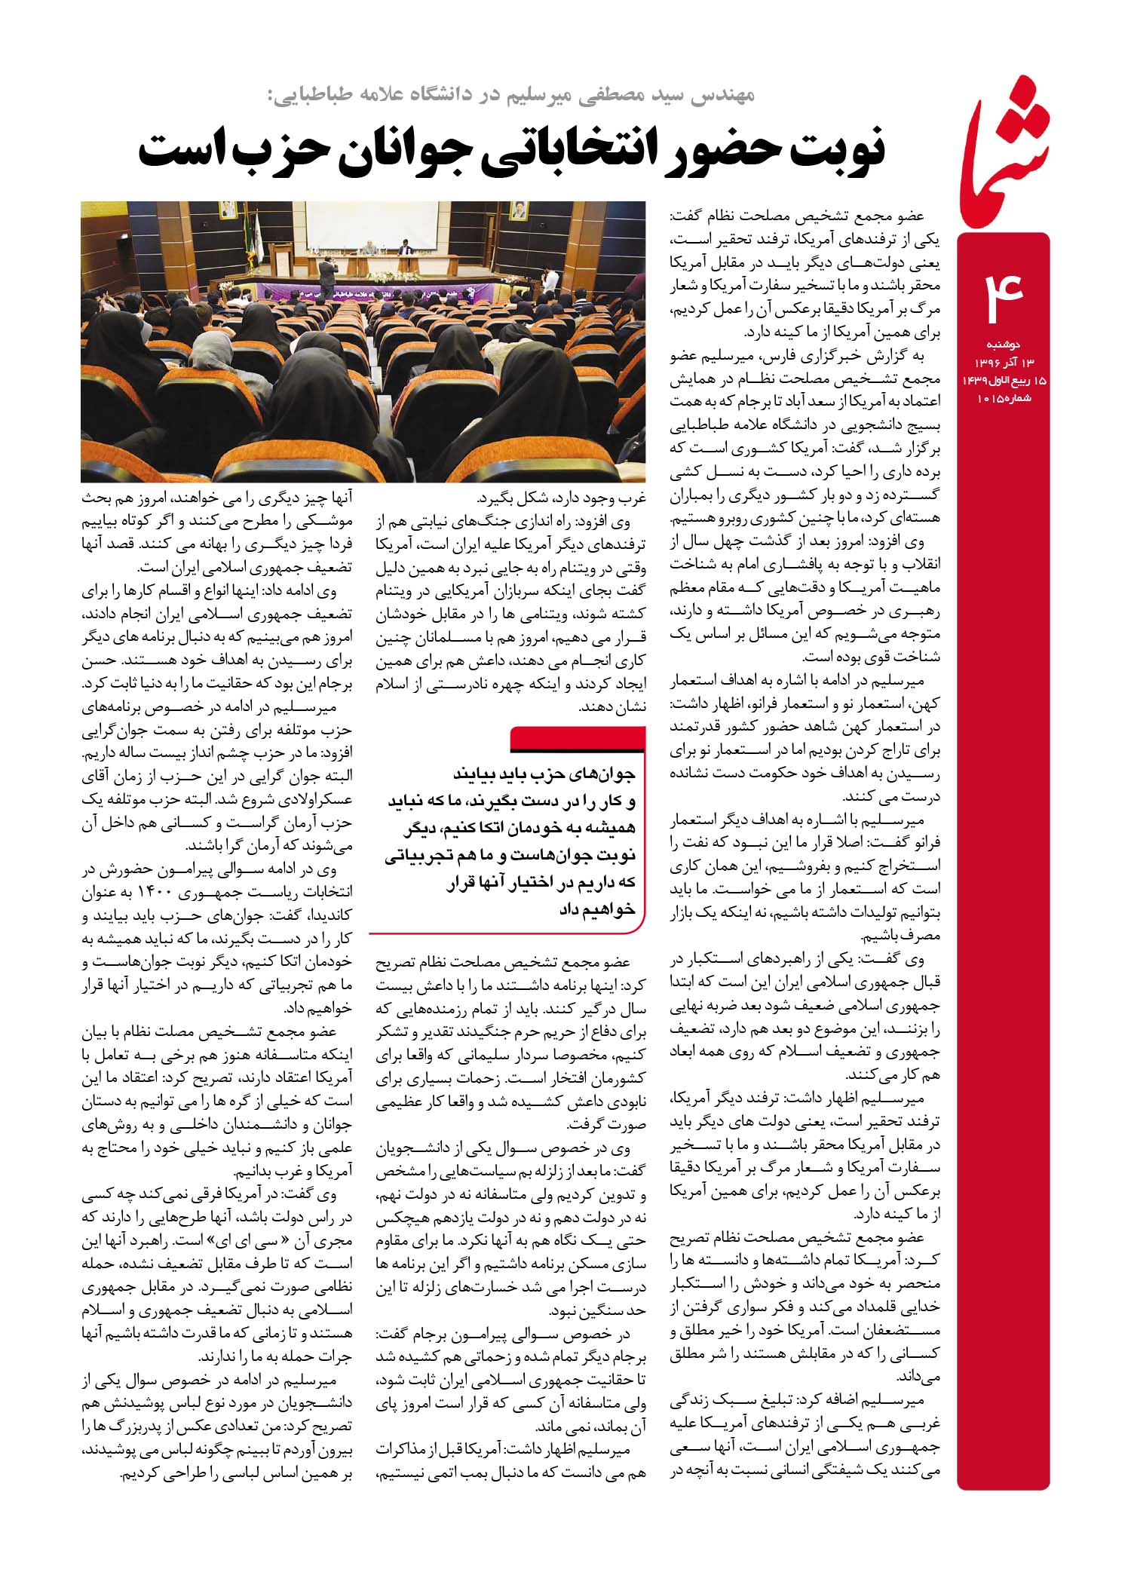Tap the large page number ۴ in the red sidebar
pyautogui.click(x=1003, y=293)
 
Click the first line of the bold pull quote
pyautogui.click(x=543, y=774)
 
